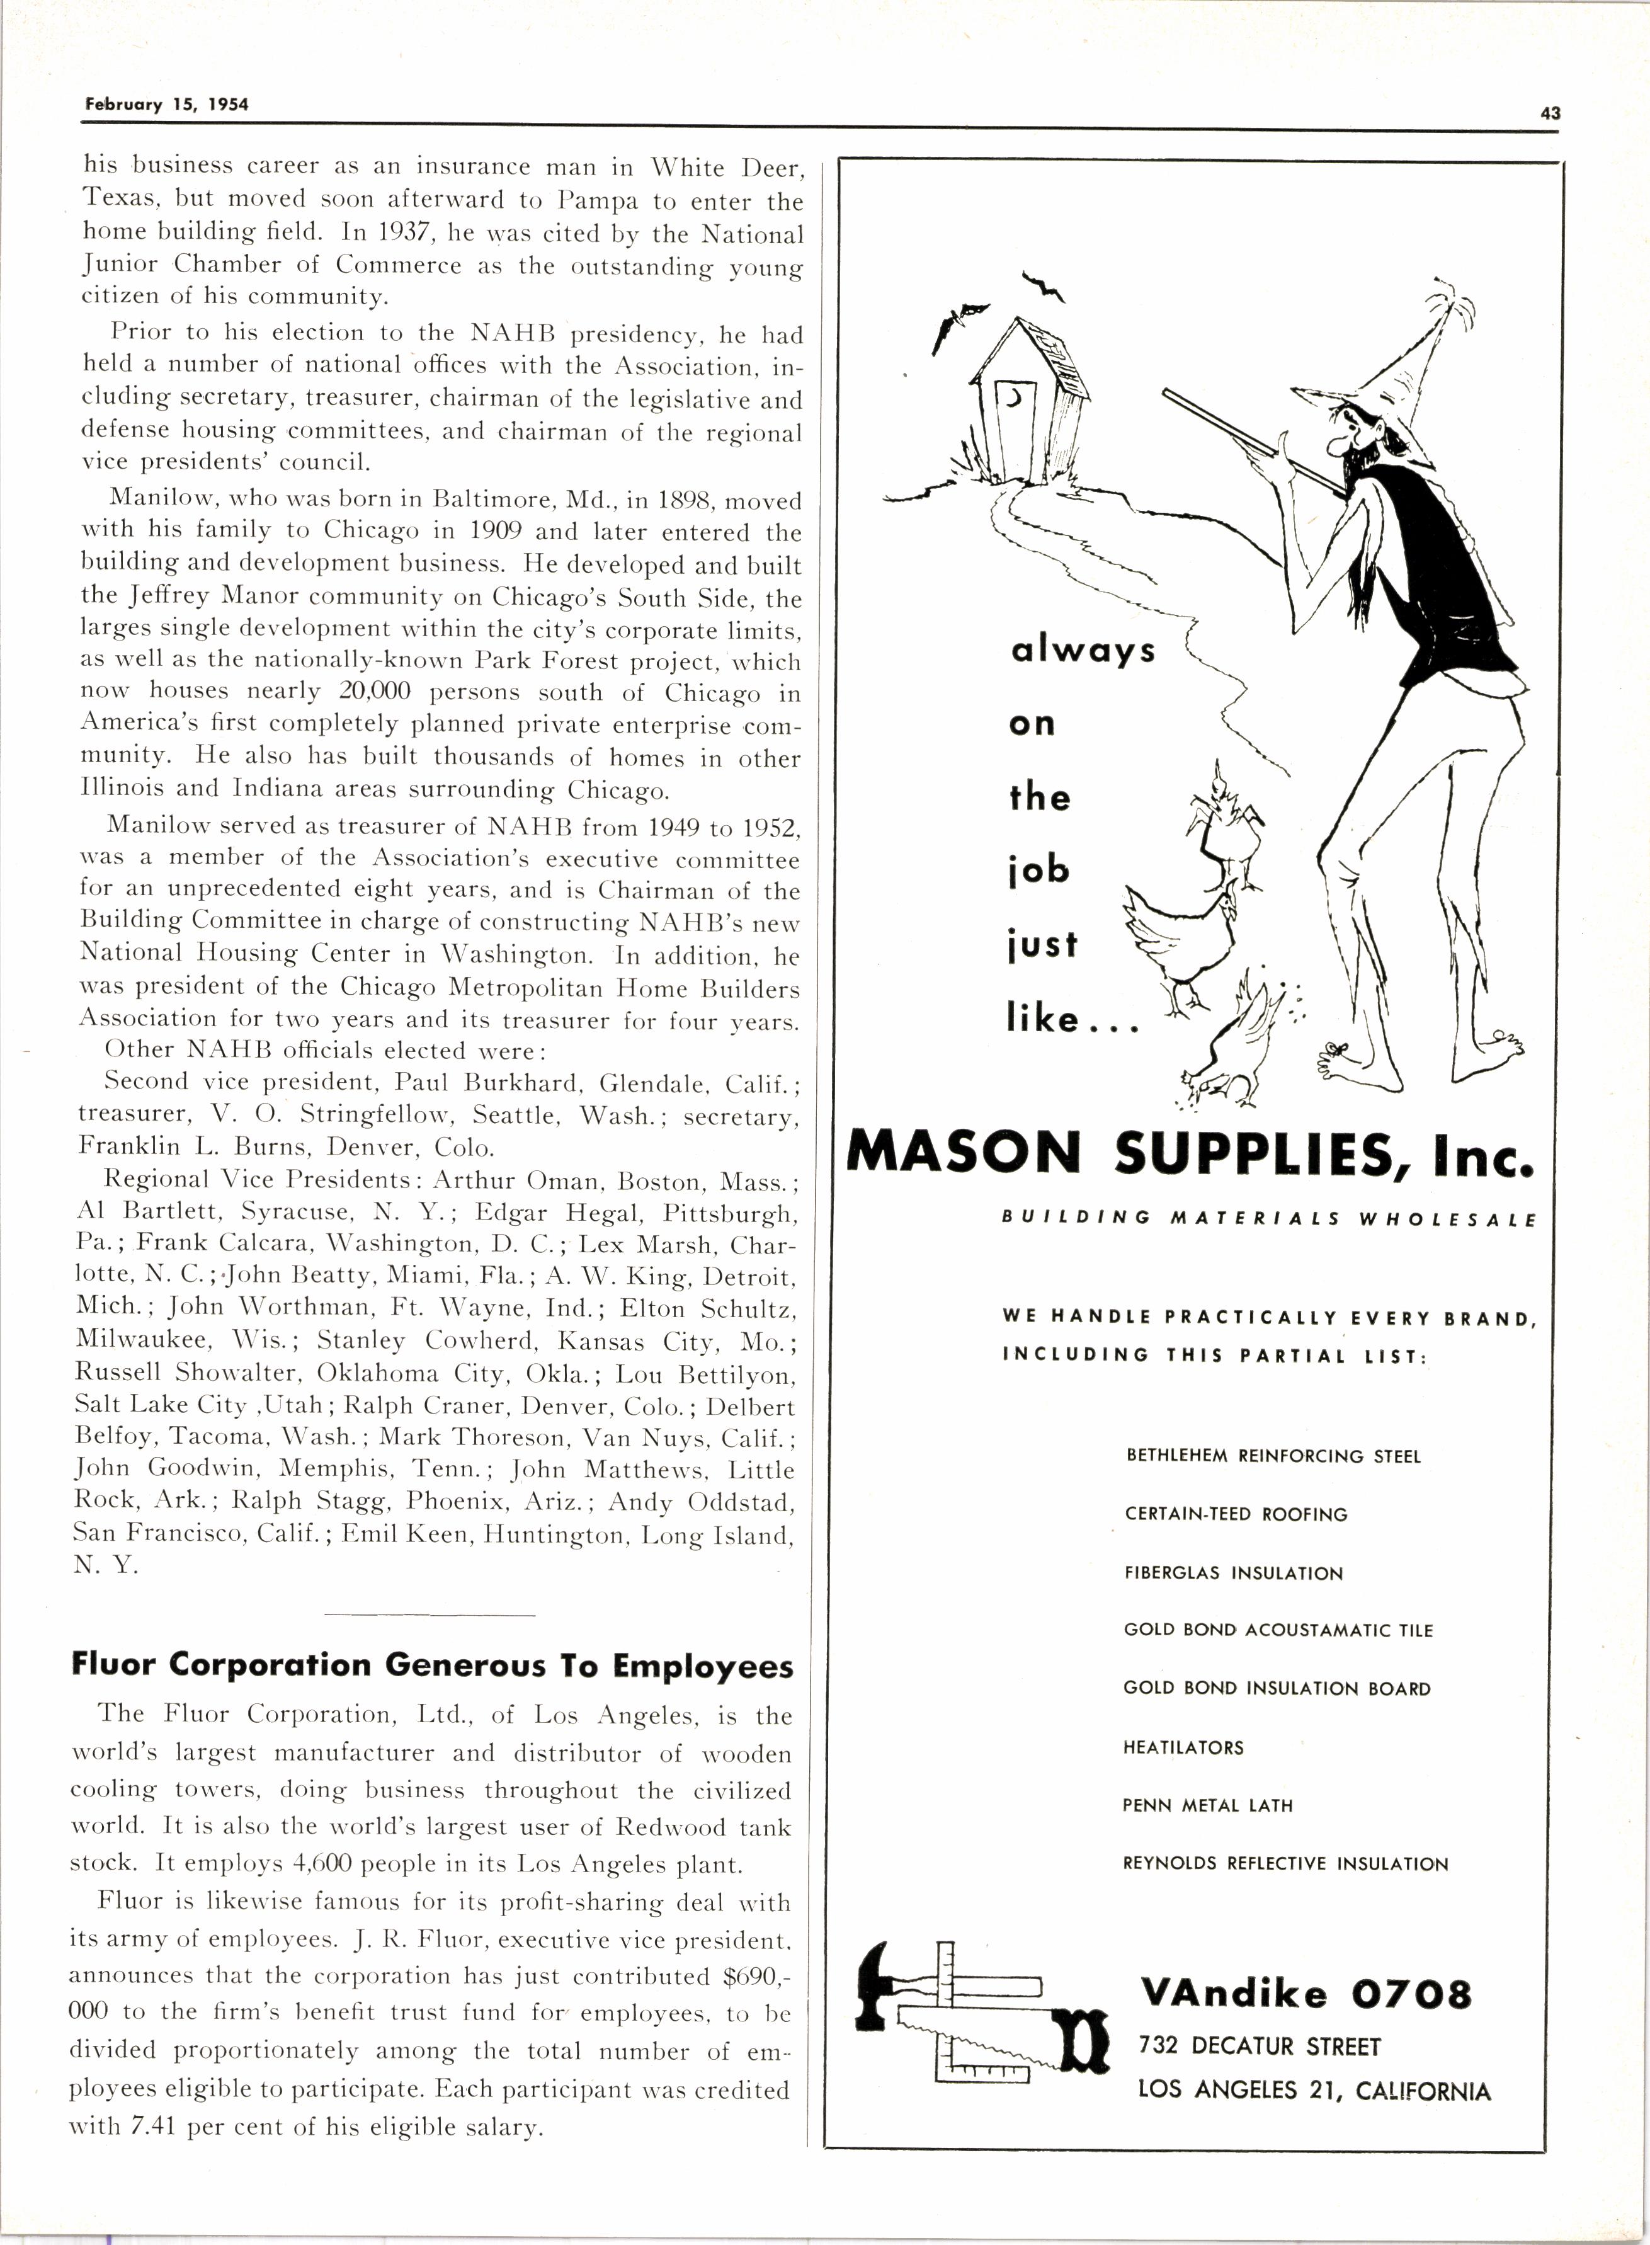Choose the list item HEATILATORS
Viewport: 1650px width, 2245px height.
click(1183, 1747)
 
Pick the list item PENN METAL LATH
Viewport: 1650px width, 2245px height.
click(1207, 1805)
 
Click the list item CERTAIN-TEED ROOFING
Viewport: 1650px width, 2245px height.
click(1236, 1514)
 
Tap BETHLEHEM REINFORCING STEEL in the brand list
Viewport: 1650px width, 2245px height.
click(1273, 1456)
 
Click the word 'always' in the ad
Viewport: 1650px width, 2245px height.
click(1083, 651)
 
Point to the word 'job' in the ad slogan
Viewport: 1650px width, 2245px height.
click(1038, 871)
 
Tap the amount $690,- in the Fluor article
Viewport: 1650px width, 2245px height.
click(756, 1975)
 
